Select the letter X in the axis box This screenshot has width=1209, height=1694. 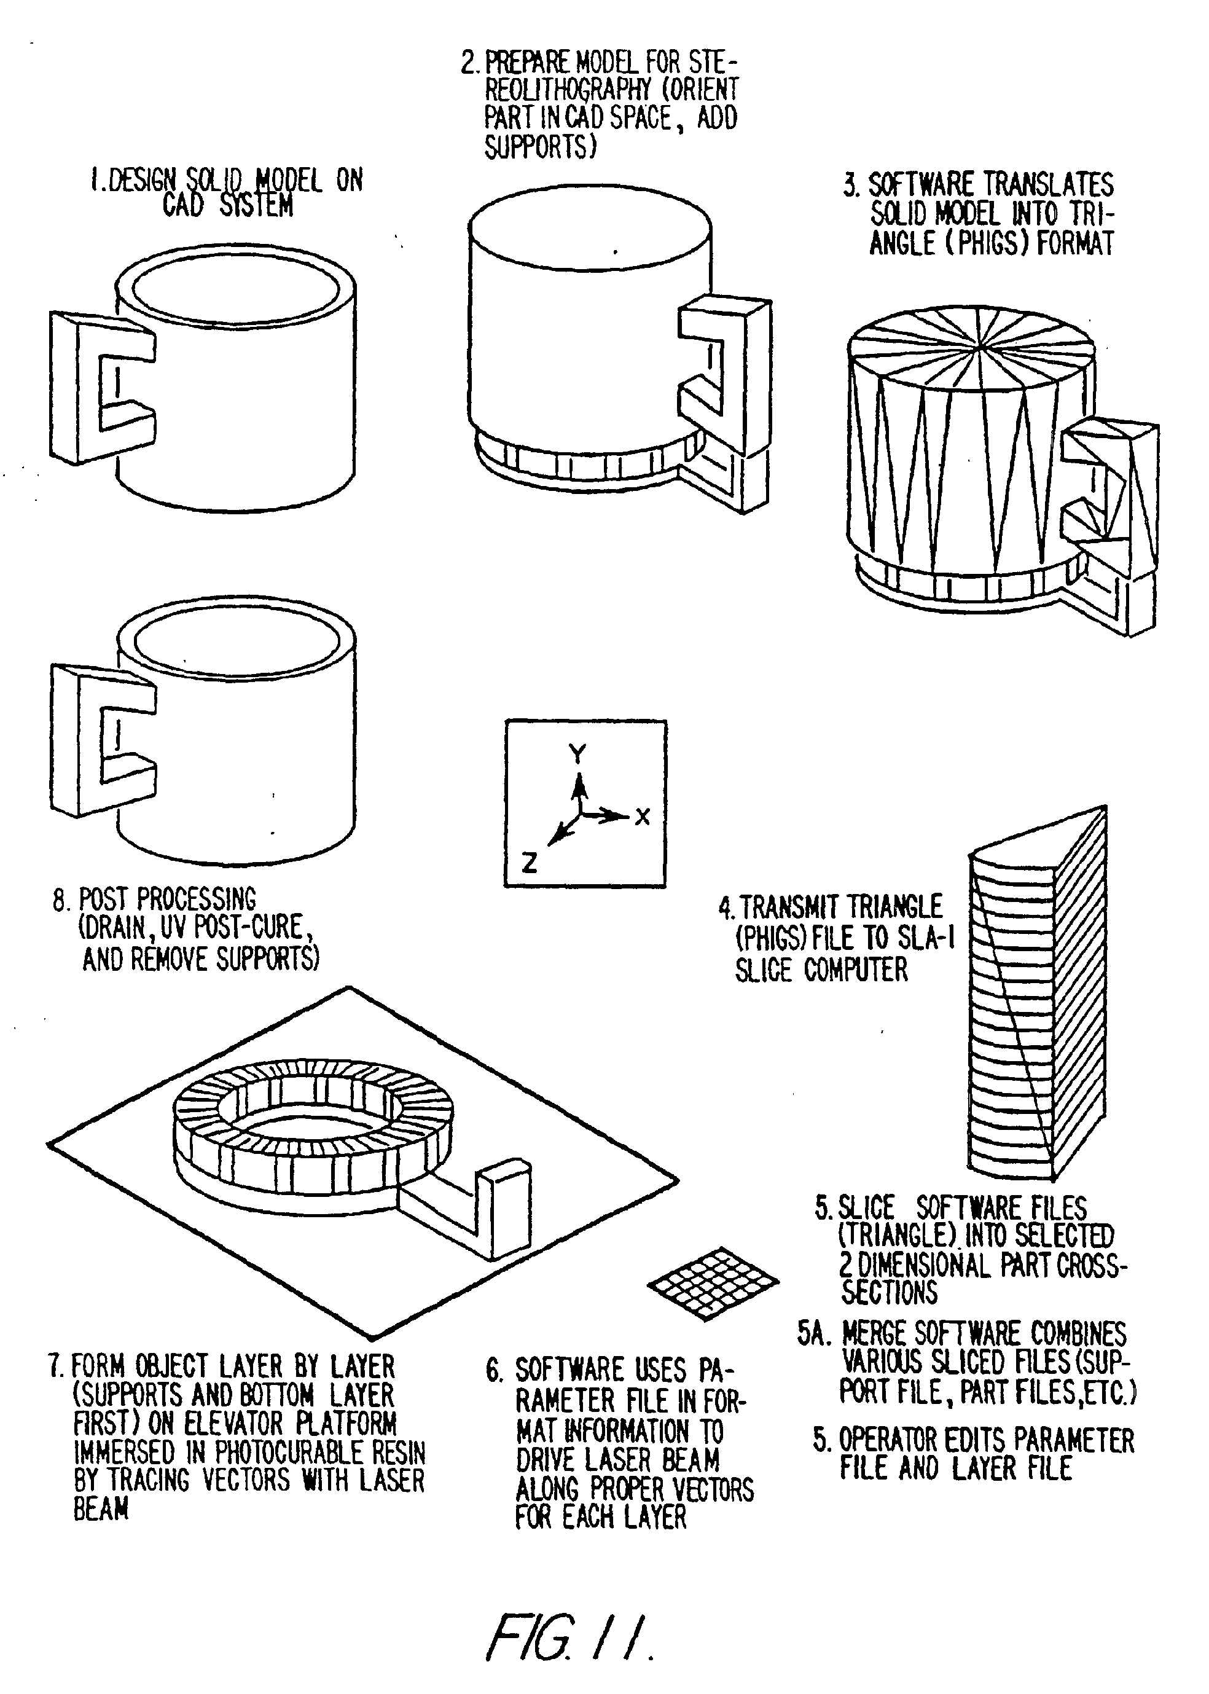click(x=643, y=817)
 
